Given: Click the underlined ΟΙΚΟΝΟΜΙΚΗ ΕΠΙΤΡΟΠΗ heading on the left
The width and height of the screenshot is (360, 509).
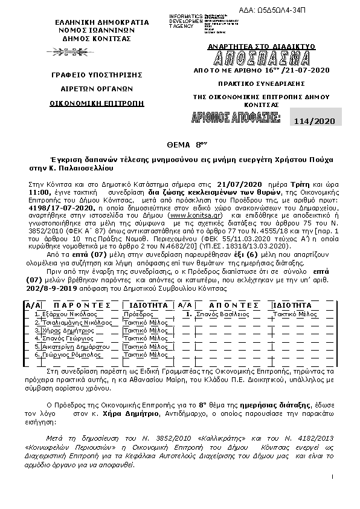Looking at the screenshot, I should click(97, 103).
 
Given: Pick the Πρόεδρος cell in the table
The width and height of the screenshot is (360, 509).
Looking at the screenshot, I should click(137, 315).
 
